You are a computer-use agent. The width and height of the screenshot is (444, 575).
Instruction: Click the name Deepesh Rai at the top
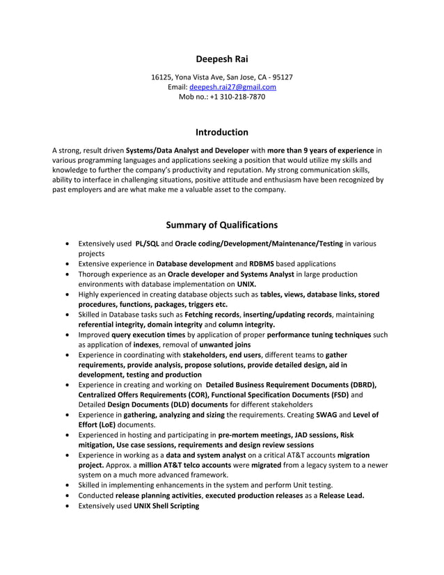click(221, 59)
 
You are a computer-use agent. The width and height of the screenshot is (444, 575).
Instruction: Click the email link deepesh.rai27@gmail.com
click(232, 87)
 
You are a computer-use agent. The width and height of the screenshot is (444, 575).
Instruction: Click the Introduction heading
click(221, 132)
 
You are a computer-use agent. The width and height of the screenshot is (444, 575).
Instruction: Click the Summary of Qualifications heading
click(221, 225)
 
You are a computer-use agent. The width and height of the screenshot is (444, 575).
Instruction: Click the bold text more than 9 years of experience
click(321, 150)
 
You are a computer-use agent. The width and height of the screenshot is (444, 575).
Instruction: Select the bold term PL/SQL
click(148, 244)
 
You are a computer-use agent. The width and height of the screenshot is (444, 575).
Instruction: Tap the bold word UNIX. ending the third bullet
click(246, 284)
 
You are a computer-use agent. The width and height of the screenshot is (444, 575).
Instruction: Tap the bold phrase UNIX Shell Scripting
click(166, 505)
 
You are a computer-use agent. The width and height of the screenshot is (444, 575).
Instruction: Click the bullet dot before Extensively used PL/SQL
click(65, 244)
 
